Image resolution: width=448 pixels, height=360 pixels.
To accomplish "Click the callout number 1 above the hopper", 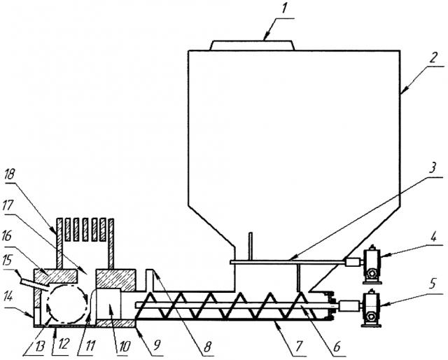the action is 283,8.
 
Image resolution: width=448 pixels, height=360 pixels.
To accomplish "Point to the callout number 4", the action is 434,237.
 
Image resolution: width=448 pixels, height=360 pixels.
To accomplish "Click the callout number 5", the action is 433,284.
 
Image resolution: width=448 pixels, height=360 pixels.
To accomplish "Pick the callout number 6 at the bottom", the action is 337,347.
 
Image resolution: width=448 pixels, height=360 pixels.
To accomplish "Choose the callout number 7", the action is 298,347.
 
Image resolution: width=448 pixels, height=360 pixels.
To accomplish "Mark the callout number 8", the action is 207,347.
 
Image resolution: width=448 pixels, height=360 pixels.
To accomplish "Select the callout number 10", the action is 125,346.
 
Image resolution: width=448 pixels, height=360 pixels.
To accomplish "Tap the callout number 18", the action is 10,174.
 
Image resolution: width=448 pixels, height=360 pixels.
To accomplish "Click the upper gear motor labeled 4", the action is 372,265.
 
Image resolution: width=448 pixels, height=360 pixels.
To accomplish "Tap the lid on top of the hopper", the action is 253,46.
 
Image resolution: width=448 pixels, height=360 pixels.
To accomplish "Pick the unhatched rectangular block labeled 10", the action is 109,304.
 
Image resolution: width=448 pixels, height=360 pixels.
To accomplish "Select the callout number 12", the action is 63,345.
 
